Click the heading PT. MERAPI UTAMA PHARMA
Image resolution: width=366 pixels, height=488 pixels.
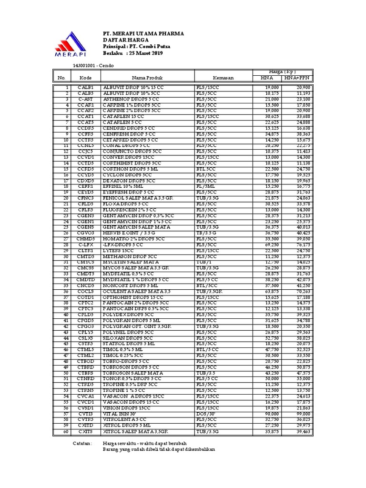click(143, 34)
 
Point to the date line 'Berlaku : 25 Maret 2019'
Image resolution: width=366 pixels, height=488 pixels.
click(133, 54)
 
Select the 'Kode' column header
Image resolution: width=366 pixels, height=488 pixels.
click(86, 77)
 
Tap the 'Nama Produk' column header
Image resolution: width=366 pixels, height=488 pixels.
click(147, 77)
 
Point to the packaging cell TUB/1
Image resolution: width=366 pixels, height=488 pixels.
click(203, 262)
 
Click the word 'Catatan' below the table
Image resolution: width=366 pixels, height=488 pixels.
click(82, 443)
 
